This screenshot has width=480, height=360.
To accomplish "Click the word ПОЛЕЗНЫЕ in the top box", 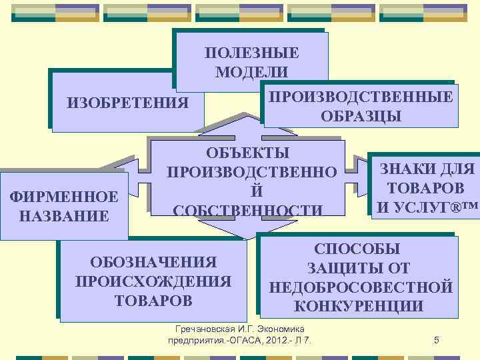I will pyautogui.click(x=251, y=53).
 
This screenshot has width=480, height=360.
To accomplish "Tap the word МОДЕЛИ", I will pyautogui.click(x=251, y=71).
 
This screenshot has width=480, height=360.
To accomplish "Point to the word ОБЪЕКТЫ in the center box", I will pyautogui.click(x=249, y=152).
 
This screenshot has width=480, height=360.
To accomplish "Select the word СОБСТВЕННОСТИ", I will pyautogui.click(x=249, y=210).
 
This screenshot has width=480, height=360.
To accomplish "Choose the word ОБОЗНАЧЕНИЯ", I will pyautogui.click(x=154, y=263).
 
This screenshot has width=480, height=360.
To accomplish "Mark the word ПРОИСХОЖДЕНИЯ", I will pyautogui.click(x=154, y=281).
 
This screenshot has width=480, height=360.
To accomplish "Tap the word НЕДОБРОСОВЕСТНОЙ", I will pyautogui.click(x=361, y=287).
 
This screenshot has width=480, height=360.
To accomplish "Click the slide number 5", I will pyautogui.click(x=436, y=341).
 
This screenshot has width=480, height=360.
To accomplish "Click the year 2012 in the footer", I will pyautogui.click(x=279, y=341).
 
